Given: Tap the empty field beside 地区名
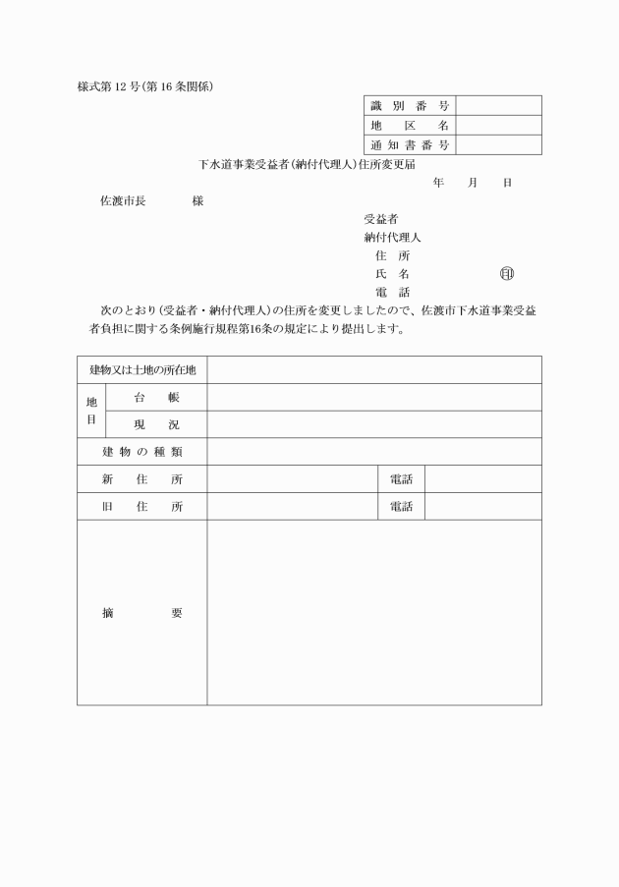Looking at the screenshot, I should tap(498, 126).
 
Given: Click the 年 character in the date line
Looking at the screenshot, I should tap(438, 183).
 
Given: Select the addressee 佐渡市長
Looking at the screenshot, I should tap(123, 201).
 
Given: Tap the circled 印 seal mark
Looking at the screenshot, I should tap(506, 273).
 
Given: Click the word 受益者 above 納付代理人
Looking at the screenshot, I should tap(380, 219).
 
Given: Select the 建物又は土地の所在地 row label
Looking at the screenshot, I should tap(142, 369).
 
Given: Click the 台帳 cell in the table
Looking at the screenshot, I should tap(156, 397).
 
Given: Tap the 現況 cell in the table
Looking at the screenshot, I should tap(156, 424).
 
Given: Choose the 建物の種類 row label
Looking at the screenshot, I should tap(142, 452).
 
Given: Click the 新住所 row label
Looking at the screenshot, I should tap(142, 479).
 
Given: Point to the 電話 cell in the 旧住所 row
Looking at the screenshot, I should tap(401, 507).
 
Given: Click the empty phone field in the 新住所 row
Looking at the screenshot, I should tap(482, 479).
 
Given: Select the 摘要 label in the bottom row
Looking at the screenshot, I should tap(142, 613).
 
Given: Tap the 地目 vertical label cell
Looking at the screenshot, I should tap(91, 411).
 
